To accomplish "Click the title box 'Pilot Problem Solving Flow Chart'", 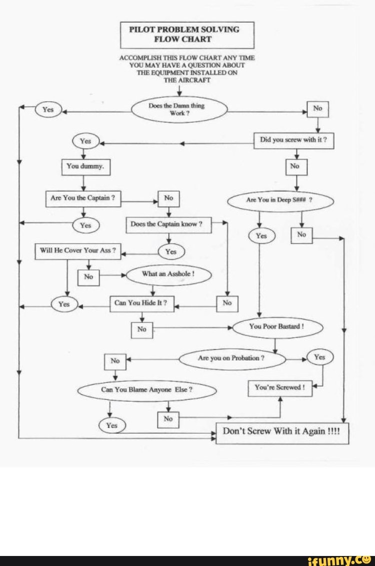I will (x=187, y=35).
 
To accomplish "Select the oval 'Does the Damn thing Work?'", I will (x=179, y=109).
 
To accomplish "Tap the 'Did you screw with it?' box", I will (x=293, y=141).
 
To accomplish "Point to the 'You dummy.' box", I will (x=85, y=167).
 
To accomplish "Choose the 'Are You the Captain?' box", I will (x=83, y=198).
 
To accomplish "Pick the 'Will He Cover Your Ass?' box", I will (x=77, y=251).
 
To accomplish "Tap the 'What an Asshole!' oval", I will (x=169, y=274).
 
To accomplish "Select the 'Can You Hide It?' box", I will (x=141, y=304).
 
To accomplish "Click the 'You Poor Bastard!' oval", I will (x=277, y=327).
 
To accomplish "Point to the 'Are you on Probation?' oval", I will (x=232, y=359).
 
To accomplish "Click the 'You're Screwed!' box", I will (x=280, y=388).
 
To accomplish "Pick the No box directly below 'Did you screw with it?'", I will (x=295, y=166).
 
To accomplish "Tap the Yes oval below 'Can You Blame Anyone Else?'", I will (x=111, y=426).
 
